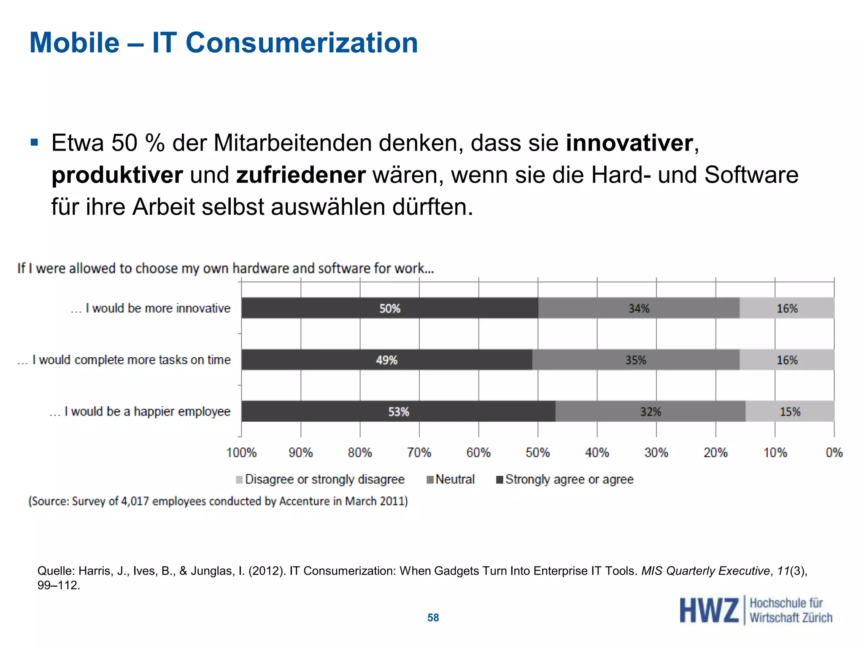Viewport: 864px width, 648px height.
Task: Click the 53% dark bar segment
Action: pos(398,411)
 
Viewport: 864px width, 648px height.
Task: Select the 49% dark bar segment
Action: pos(386,360)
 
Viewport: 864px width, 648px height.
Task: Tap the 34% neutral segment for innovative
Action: pos(639,308)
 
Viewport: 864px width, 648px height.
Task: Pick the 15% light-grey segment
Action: pos(790,411)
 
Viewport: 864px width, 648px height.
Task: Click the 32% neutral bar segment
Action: pos(650,411)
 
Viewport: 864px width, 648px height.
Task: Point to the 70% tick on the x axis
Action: pos(419,453)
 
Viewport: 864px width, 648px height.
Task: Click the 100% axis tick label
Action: pos(241,453)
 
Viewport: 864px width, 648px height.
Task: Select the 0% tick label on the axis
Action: pos(834,453)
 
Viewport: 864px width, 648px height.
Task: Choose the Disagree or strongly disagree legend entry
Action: pos(320,479)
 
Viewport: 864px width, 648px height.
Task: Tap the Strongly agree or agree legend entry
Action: pos(565,479)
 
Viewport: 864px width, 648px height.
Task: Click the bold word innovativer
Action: pos(629,143)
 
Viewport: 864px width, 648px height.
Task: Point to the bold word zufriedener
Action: pos(300,175)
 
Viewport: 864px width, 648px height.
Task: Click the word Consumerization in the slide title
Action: pos(302,43)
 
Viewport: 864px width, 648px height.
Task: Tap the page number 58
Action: pos(433,618)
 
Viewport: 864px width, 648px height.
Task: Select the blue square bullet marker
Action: pos(34,142)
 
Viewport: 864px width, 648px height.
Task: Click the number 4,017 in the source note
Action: pos(135,501)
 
